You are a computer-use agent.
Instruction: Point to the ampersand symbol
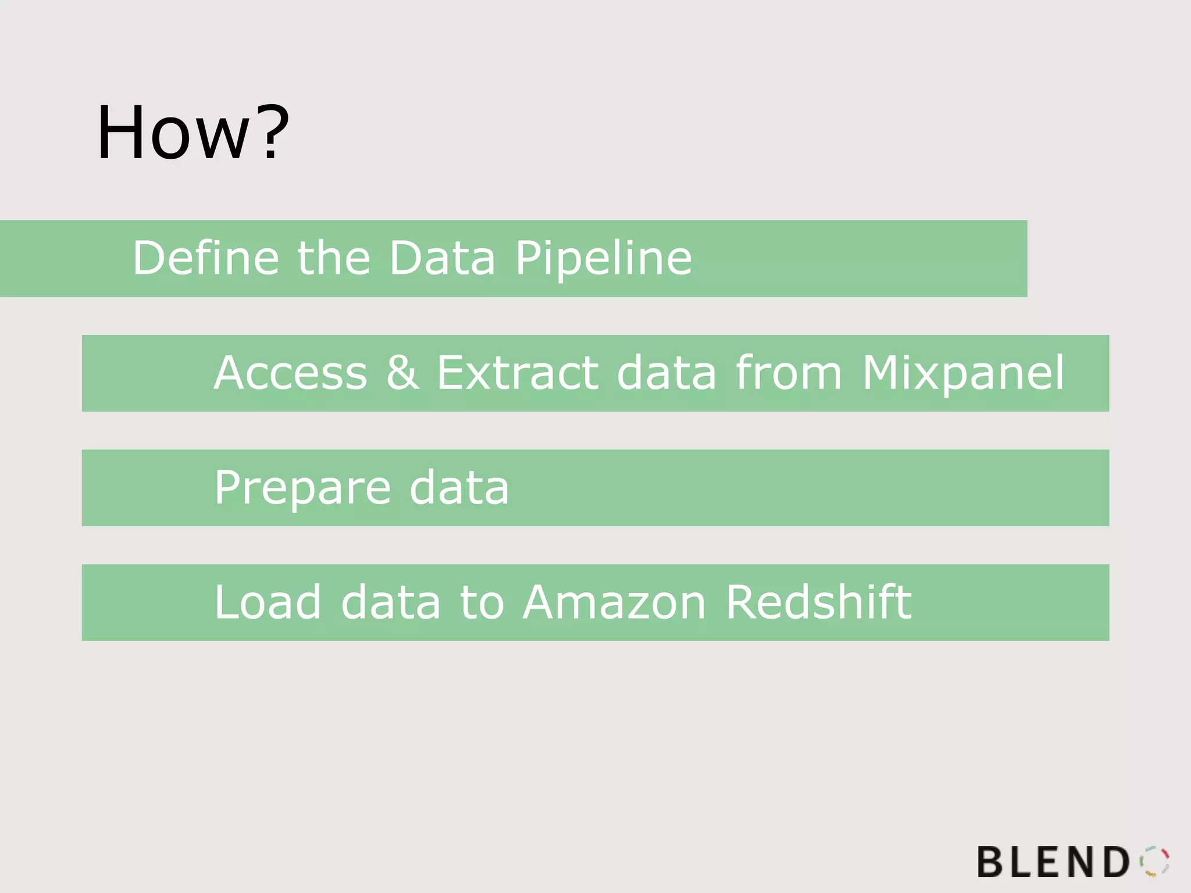tap(402, 373)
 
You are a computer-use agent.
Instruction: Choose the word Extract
tap(517, 373)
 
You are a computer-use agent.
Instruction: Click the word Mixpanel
tap(963, 374)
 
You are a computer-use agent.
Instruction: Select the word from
tap(789, 373)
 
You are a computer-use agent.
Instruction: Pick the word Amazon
tap(614, 602)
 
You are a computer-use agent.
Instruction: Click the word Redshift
tap(819, 602)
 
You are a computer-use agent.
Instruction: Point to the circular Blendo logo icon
tap(1154, 861)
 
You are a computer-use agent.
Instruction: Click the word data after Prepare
tap(459, 488)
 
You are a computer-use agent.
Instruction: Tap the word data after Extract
tap(666, 373)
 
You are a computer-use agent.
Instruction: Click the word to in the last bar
tap(482, 602)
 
